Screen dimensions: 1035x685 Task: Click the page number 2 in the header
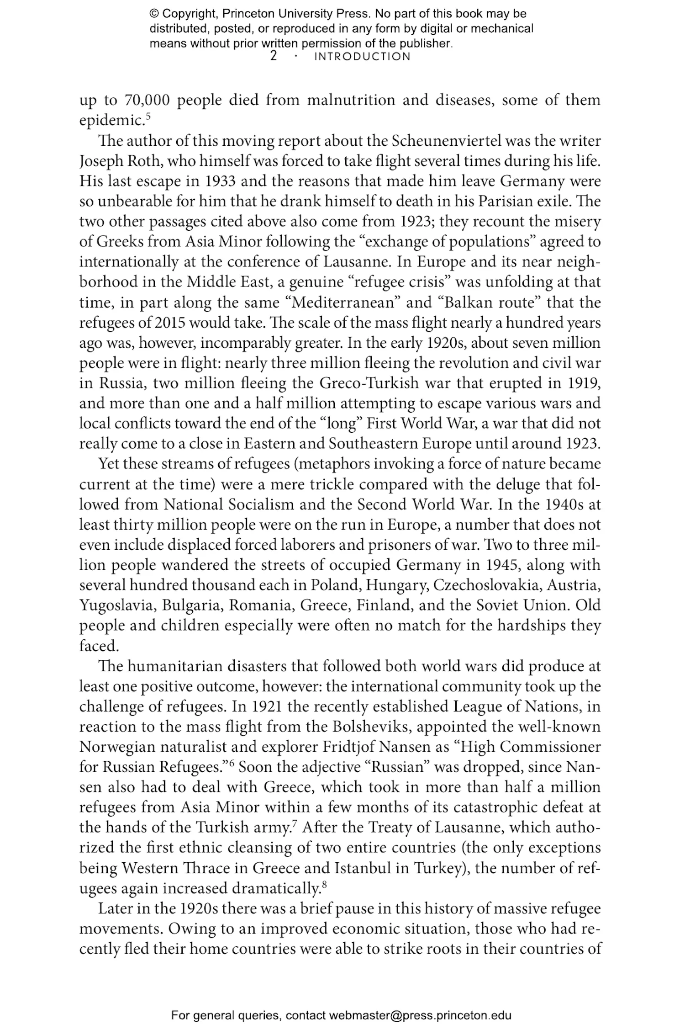pyautogui.click(x=274, y=57)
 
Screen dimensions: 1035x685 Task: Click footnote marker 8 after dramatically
pyautogui.click(x=324, y=884)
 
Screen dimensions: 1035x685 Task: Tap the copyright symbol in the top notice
pyautogui.click(x=154, y=14)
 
